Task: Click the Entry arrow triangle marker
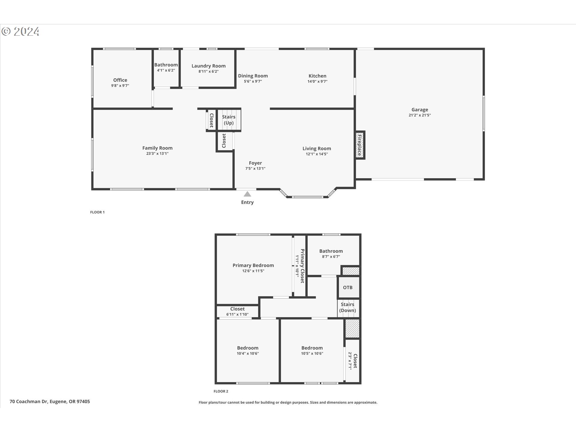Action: pos(247,194)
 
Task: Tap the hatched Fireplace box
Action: pos(360,145)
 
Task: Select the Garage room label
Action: pos(419,110)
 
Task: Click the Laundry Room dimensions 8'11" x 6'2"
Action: pos(208,71)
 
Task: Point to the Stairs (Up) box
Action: pos(229,120)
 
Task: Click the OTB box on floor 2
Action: pos(348,287)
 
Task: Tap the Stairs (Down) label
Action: pos(347,307)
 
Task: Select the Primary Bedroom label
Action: pos(253,265)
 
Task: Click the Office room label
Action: pos(120,80)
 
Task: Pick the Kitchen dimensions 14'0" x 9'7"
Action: pos(317,81)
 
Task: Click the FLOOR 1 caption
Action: pos(97,212)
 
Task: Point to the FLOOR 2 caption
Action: pos(221,391)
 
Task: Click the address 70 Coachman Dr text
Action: pos(50,401)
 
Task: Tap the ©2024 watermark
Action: pos(20,31)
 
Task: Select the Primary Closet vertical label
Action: pos(302,266)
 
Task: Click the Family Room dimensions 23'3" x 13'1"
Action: pos(157,154)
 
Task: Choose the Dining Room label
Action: pos(253,76)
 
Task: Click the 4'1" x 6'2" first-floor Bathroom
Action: pos(166,67)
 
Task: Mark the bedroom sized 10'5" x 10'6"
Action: pos(312,350)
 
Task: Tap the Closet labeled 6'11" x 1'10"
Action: pos(237,311)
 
